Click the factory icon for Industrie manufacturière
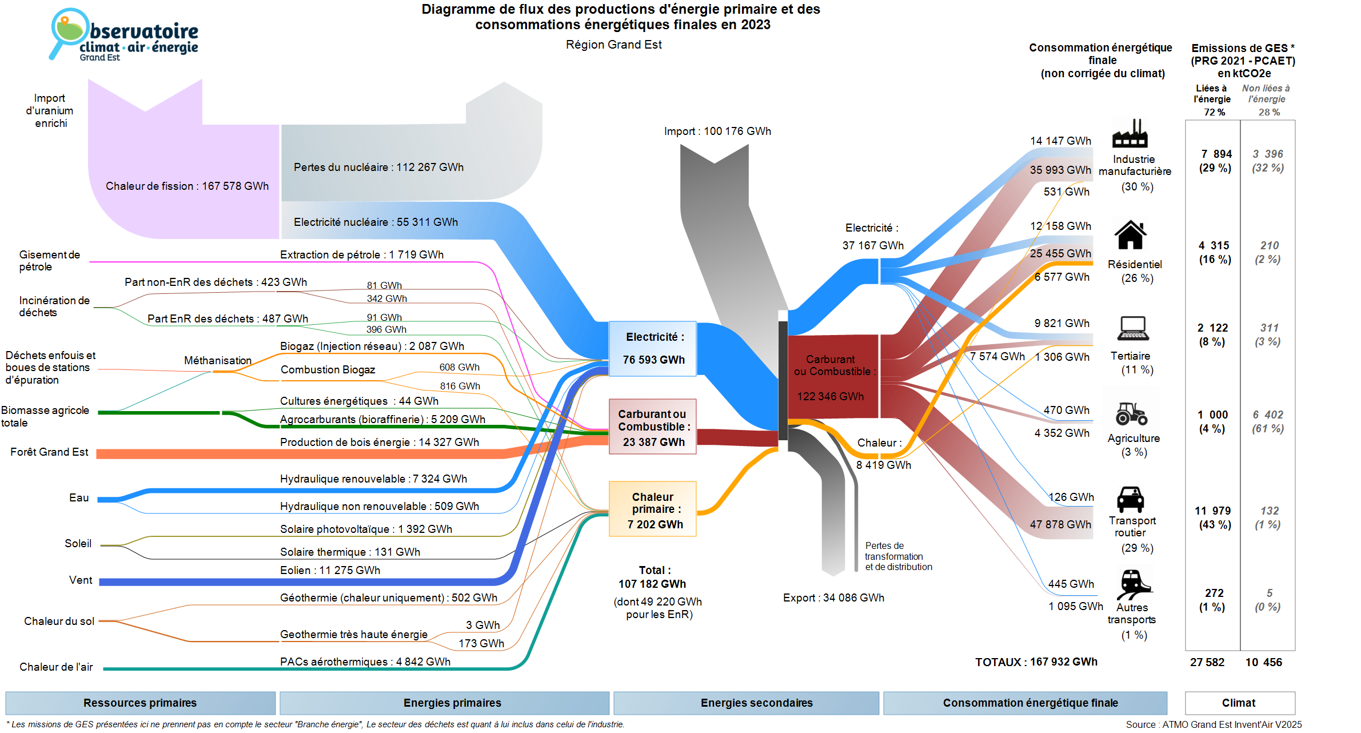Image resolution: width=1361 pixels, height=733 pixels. [1129, 134]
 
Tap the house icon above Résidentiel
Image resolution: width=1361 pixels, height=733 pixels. [1130, 235]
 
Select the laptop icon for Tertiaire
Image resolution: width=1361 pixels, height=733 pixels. [1132, 328]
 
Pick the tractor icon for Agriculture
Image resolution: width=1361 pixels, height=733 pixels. [1131, 413]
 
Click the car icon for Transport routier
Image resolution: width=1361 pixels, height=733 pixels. [1130, 499]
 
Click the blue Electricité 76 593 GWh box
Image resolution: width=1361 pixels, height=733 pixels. [653, 349]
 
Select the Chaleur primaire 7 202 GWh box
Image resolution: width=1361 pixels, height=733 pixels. [653, 509]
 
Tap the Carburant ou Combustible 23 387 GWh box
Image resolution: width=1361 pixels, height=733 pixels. [653, 427]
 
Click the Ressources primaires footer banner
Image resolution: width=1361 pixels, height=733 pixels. [140, 703]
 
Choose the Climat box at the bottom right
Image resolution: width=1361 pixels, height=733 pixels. [1239, 703]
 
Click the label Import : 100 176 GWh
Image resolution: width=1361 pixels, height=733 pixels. [717, 132]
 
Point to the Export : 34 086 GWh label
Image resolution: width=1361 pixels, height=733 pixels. [833, 598]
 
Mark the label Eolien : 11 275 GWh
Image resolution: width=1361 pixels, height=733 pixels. [330, 571]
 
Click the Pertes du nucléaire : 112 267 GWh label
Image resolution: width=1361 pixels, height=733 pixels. [378, 168]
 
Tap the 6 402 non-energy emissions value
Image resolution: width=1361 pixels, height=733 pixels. [1268, 415]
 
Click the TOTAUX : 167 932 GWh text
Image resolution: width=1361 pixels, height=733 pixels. [1036, 662]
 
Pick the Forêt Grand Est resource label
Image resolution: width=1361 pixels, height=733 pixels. [49, 452]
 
